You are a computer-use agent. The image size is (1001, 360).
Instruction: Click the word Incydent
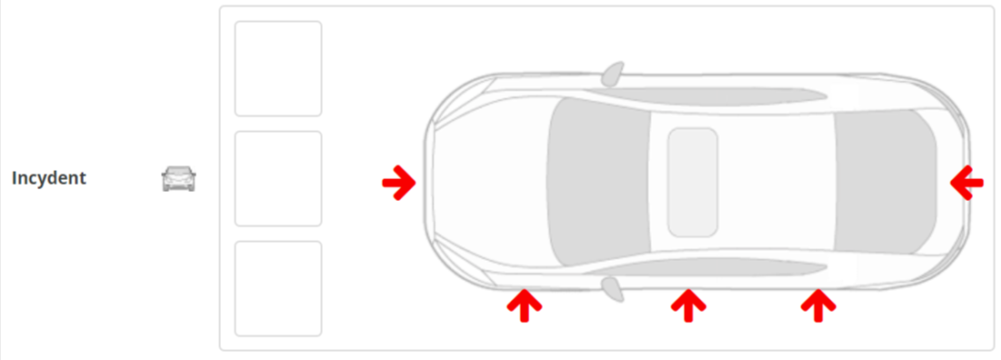point(49,178)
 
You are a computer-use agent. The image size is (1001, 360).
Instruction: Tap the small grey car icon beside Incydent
point(178,179)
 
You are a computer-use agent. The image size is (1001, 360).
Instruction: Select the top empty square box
point(278,69)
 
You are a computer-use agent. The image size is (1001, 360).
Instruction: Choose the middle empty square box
point(278,179)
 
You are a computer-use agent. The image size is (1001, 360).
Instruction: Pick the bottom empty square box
point(278,288)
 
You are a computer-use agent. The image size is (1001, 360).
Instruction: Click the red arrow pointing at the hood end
point(399,184)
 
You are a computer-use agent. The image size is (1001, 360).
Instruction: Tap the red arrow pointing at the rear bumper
point(966,184)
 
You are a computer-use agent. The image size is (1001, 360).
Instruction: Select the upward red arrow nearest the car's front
point(524,305)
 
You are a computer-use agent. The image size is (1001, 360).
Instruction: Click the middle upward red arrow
point(688,305)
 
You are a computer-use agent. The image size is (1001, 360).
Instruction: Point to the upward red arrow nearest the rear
point(818,305)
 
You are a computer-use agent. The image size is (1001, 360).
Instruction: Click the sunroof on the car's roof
point(693,182)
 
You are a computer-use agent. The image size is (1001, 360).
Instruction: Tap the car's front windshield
point(597,182)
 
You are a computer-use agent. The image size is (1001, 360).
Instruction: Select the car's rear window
point(885,182)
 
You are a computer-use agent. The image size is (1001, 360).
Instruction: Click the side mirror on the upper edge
point(612,74)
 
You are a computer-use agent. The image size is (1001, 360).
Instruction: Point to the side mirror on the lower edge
point(612,289)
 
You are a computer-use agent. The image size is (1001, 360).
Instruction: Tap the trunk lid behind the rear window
point(951,182)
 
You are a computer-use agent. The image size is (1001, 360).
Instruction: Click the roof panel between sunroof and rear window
point(776,182)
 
